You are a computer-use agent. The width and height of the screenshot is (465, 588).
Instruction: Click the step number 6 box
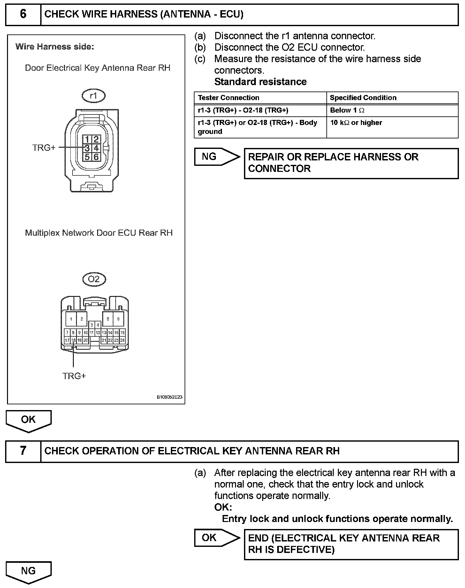pyautogui.click(x=23, y=15)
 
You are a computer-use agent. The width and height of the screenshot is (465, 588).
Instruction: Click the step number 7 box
pyautogui.click(x=23, y=451)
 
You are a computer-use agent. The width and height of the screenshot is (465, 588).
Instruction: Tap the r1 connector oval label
pyautogui.click(x=94, y=96)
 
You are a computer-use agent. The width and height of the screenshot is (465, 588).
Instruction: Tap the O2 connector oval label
pyautogui.click(x=94, y=279)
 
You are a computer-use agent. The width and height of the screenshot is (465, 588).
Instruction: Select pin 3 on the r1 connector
pyautogui.click(x=87, y=148)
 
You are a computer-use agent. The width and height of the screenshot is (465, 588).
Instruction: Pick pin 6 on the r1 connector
pyautogui.click(x=96, y=157)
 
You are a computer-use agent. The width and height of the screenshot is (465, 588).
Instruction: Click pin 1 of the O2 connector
pyautogui.click(x=71, y=319)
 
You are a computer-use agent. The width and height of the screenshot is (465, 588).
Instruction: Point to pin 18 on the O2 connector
pyautogui.click(x=73, y=341)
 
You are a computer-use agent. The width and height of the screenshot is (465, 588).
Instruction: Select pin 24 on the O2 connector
pyautogui.click(x=122, y=341)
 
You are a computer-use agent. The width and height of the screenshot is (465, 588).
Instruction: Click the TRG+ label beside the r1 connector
pyautogui.click(x=44, y=148)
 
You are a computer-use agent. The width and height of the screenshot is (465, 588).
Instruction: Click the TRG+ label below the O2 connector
pyautogui.click(x=74, y=376)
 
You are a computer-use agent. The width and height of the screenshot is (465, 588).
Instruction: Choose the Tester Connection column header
pyautogui.click(x=229, y=98)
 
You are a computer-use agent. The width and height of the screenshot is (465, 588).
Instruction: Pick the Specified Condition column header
pyautogui.click(x=363, y=98)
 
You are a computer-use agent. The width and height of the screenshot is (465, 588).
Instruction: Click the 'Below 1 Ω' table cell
pyautogui.click(x=347, y=110)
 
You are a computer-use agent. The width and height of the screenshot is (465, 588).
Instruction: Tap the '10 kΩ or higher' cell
pyautogui.click(x=356, y=123)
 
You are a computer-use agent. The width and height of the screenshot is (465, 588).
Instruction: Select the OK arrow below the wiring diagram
pyautogui.click(x=28, y=420)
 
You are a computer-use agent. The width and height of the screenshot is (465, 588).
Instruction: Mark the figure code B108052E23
pyautogui.click(x=169, y=397)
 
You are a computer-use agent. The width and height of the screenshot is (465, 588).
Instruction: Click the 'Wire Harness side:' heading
pyautogui.click(x=55, y=47)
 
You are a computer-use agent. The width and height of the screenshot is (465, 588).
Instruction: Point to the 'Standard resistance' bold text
pyautogui.click(x=260, y=82)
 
